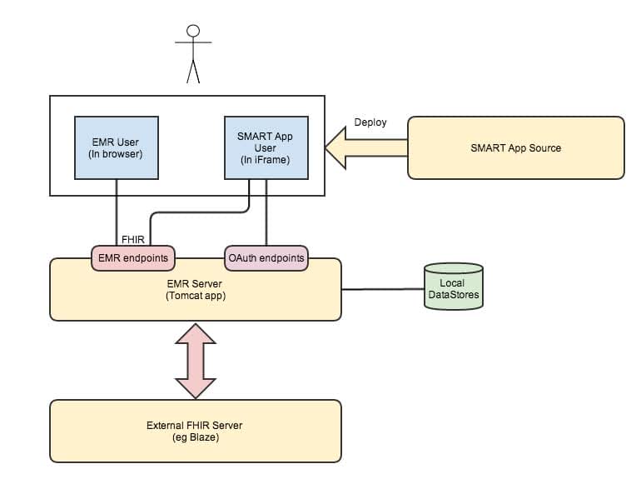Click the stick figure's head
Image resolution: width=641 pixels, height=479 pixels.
[x=193, y=31]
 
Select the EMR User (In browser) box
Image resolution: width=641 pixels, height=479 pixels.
[x=116, y=147]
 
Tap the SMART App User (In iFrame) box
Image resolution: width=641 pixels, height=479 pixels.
[x=266, y=147]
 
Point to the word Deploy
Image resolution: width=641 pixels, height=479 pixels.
[x=370, y=122]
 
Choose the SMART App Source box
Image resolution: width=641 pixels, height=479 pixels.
[x=515, y=147]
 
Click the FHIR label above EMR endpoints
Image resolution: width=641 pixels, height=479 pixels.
[x=133, y=239]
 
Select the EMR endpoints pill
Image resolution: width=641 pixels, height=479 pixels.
[x=133, y=258]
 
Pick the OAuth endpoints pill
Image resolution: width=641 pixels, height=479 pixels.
[x=266, y=258]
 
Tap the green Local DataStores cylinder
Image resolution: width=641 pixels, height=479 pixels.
[x=453, y=287]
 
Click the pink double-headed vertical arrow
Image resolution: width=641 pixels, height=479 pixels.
[x=196, y=360]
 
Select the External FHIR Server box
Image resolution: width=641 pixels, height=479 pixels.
[x=196, y=431]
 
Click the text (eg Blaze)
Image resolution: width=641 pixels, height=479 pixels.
[x=196, y=437]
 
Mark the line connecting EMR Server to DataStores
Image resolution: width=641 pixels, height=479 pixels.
[x=383, y=289]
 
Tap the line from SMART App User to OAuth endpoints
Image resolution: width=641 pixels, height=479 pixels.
[x=266, y=221]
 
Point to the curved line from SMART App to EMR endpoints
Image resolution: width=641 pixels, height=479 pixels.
[x=200, y=212]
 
